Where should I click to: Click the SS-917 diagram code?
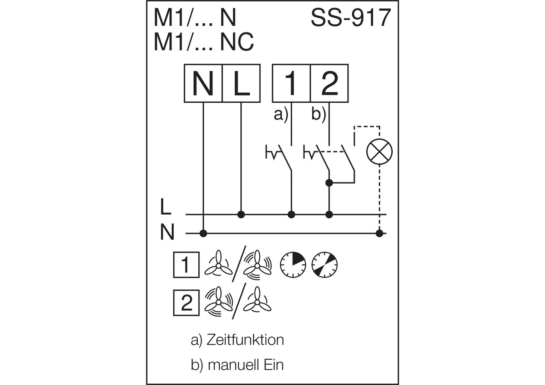(351, 17)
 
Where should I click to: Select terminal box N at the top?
(203, 83)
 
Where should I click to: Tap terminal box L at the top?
(241, 83)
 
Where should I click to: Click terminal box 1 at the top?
(291, 83)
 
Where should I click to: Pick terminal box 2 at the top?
(330, 83)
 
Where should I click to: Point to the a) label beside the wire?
(281, 115)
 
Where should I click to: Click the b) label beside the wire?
(319, 115)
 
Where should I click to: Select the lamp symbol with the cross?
(379, 152)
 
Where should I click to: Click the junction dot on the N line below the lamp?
(379, 233)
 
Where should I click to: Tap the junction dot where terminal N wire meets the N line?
(203, 233)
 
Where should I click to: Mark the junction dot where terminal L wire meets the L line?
(241, 215)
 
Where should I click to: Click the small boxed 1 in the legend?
(187, 265)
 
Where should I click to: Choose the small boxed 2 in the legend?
(187, 303)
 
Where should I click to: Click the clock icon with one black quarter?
(293, 265)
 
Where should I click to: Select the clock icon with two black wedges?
(325, 265)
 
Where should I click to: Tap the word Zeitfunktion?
(245, 340)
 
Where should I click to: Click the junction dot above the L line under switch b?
(329, 183)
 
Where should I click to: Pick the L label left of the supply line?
(166, 207)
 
